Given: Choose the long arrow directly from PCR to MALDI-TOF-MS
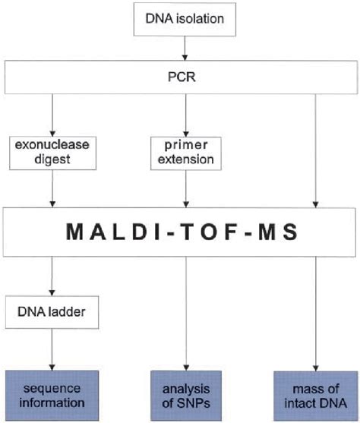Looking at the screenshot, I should pyautogui.click(x=314, y=152).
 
